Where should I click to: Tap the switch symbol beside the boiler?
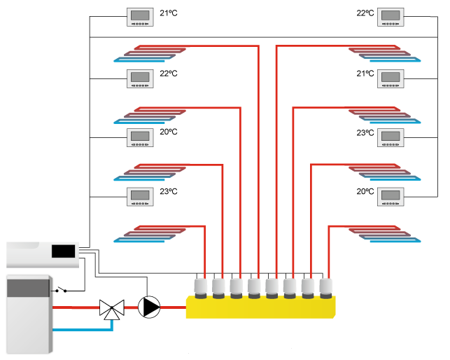tap(64, 289)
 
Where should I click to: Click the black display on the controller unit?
tap(64, 250)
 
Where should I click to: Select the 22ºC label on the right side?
tap(365, 13)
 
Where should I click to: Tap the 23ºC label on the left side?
tap(169, 191)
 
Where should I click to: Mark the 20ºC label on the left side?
tap(169, 132)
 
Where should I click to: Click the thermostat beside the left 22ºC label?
tap(139, 78)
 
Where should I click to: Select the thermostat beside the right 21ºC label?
tap(391, 78)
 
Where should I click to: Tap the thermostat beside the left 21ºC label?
tap(139, 18)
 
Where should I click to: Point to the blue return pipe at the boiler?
tap(77, 328)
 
